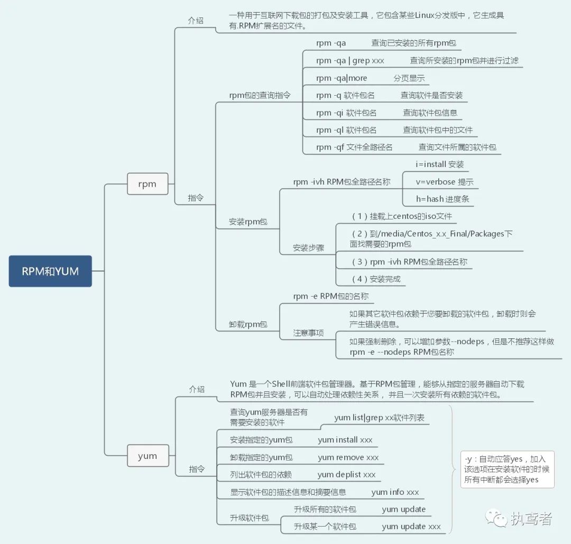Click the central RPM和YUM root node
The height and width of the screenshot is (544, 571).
(x=50, y=271)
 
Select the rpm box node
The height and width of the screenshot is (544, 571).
(x=148, y=184)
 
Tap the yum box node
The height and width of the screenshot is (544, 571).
(x=148, y=456)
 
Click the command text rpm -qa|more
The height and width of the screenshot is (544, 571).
(x=342, y=78)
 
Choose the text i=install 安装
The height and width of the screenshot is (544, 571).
(x=440, y=164)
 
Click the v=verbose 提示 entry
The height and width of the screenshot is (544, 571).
(x=445, y=182)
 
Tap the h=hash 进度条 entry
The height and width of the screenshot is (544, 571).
(x=443, y=199)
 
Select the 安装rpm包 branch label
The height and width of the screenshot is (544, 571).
(x=248, y=222)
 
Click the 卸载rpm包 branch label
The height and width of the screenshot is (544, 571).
(x=248, y=325)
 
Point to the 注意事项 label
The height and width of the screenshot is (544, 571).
(x=309, y=334)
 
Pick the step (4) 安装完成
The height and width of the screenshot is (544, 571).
(x=376, y=279)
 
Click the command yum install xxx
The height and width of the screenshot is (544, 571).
(x=345, y=440)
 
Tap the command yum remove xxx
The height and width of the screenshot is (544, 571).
(x=348, y=457)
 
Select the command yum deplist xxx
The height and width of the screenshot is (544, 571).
(x=347, y=475)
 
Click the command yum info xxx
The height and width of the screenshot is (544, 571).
(x=395, y=492)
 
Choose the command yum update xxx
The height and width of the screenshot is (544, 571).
(x=411, y=527)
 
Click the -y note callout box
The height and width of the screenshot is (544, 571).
(x=507, y=469)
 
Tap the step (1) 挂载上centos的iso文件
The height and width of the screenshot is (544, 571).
(x=402, y=216)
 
